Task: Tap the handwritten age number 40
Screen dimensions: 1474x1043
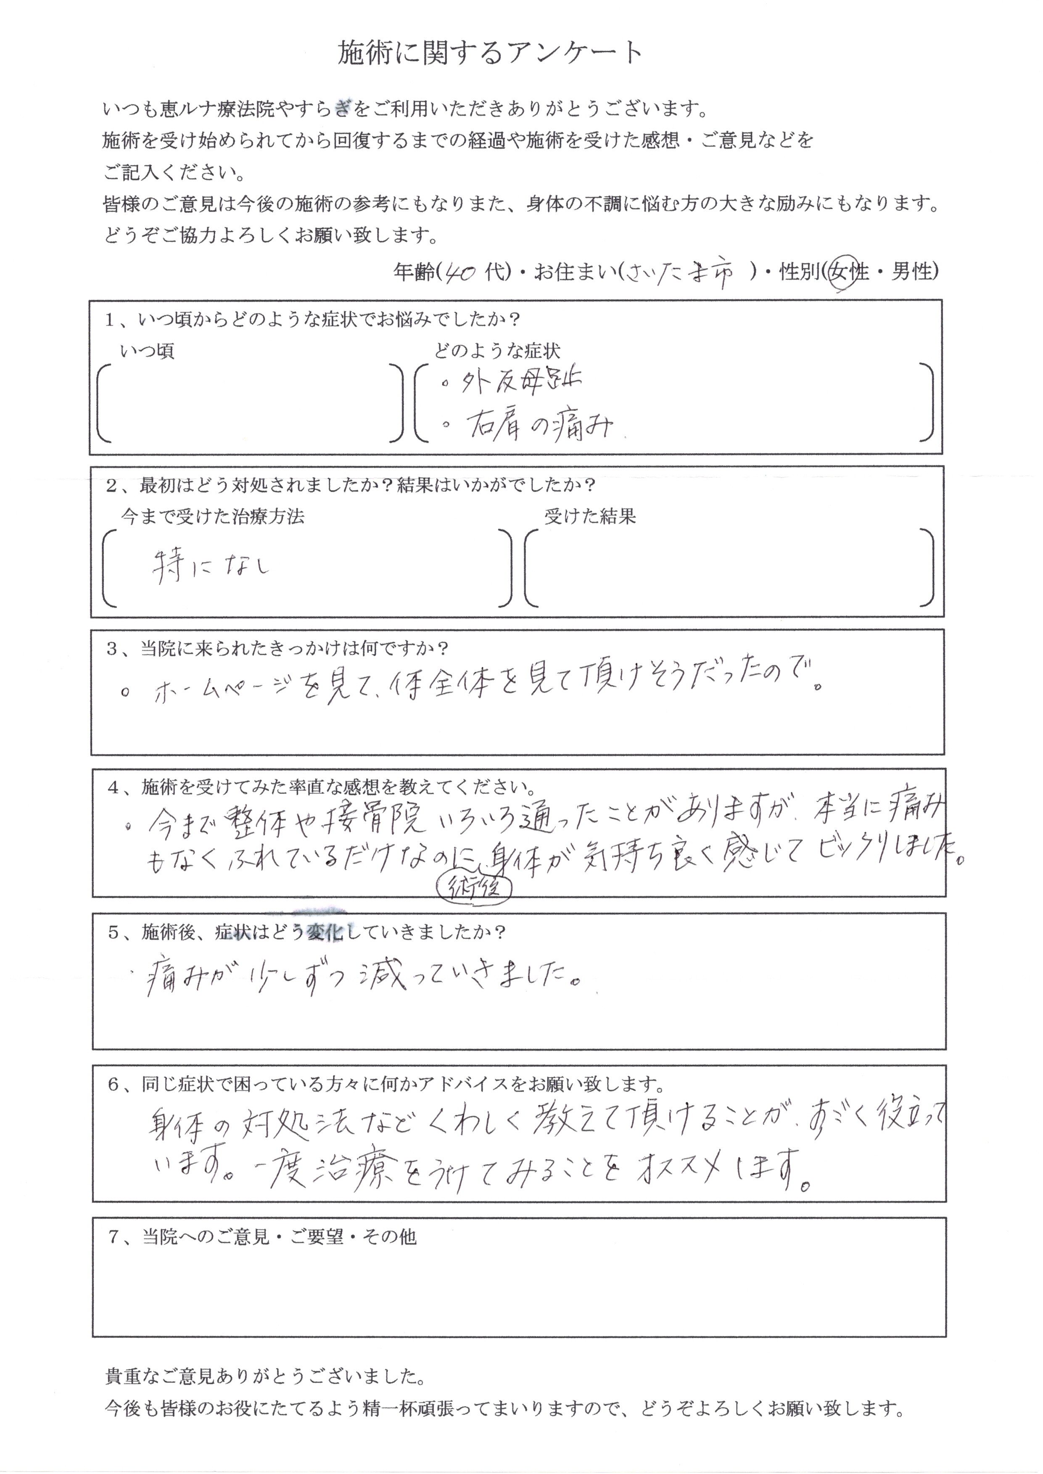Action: pos(460,273)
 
